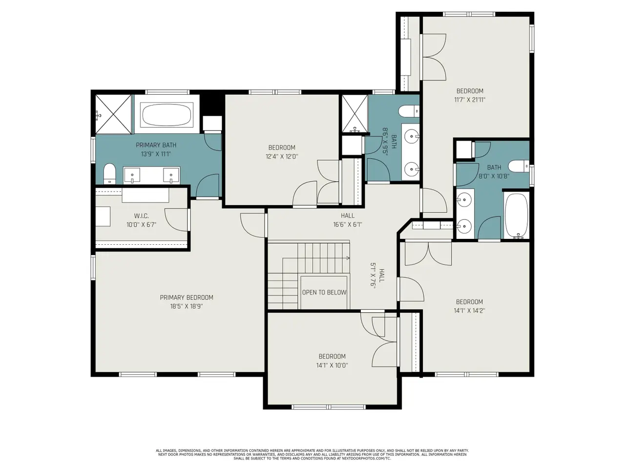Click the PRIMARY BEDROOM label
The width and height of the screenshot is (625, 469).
pyautogui.click(x=186, y=298)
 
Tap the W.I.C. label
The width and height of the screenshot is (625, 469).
pyautogui.click(x=141, y=216)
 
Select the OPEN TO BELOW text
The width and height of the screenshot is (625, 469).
pyautogui.click(x=324, y=293)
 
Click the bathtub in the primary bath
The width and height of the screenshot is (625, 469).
pyautogui.click(x=167, y=114)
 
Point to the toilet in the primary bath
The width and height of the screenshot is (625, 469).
pyautogui.click(x=109, y=174)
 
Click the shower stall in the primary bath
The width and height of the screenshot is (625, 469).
pyautogui.click(x=113, y=114)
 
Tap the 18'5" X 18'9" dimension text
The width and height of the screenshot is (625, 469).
pyautogui.click(x=186, y=306)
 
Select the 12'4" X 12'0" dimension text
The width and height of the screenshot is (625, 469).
pyautogui.click(x=282, y=156)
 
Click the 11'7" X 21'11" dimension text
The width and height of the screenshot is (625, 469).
pyautogui.click(x=470, y=100)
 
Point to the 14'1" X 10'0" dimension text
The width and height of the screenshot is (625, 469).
pyautogui.click(x=332, y=365)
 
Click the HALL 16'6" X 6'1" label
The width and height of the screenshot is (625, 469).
pyautogui.click(x=347, y=220)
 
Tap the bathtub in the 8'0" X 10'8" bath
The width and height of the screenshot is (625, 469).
pyautogui.click(x=516, y=215)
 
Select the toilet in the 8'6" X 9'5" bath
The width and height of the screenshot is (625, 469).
pyautogui.click(x=409, y=111)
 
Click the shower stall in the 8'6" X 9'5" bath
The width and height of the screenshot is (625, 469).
pyautogui.click(x=354, y=114)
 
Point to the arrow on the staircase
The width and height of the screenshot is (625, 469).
pyautogui.click(x=316, y=258)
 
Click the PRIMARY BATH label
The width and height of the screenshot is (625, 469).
pyautogui.click(x=156, y=145)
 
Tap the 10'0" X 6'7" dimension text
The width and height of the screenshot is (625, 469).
pyautogui.click(x=141, y=225)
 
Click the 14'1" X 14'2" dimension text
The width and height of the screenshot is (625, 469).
pyautogui.click(x=469, y=310)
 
